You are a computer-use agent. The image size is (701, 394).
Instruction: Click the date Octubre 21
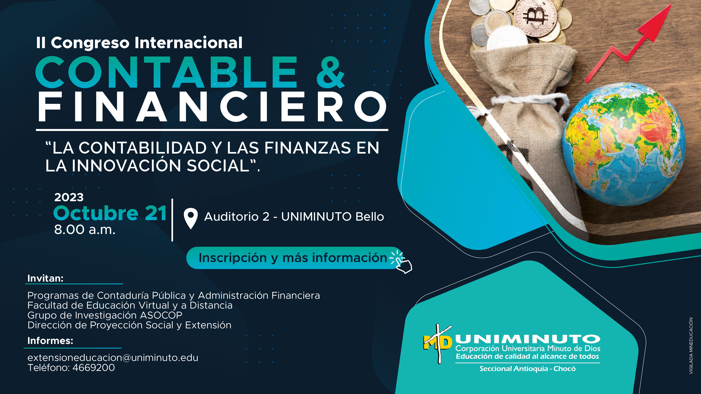point(110,213)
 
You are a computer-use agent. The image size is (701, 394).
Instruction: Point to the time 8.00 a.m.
point(85,230)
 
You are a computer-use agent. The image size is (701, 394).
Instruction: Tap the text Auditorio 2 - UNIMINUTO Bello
point(294,217)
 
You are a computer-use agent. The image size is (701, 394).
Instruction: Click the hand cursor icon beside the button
point(401,262)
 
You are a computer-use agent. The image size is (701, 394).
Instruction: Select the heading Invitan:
point(45,278)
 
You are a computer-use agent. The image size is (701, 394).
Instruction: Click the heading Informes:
point(50,341)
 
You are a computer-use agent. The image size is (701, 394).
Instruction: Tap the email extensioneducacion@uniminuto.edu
point(113,358)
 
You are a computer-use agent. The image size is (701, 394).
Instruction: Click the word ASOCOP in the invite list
point(161,315)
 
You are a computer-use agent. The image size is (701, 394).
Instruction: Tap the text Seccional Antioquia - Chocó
point(527,369)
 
